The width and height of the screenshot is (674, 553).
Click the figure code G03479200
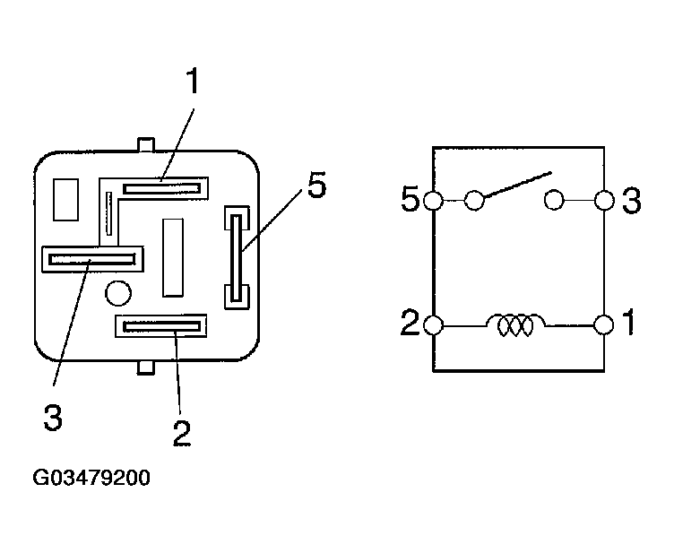[x=91, y=478]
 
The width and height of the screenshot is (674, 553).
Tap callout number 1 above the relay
[x=193, y=81]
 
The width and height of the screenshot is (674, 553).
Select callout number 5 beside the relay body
[x=316, y=185]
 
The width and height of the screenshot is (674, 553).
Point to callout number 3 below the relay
[x=53, y=418]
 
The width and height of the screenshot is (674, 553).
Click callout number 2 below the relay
[x=181, y=433]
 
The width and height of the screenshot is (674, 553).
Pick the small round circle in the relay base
[x=118, y=293]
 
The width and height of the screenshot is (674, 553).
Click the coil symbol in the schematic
[x=515, y=324]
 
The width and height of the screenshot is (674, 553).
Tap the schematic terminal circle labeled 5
[x=433, y=200]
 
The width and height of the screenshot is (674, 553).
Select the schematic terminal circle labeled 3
[x=604, y=200]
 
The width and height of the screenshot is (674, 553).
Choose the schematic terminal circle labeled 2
[x=433, y=325]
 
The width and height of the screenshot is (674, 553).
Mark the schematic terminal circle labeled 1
[x=604, y=324]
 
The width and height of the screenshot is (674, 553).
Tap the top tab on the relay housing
[x=146, y=144]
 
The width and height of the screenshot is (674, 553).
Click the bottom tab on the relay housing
[x=146, y=367]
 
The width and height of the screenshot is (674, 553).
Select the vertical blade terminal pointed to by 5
[x=237, y=257]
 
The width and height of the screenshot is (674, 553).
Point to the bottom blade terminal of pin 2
[x=161, y=326]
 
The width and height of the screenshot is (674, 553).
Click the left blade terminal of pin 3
[x=92, y=259]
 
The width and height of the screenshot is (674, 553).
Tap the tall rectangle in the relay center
[x=173, y=257]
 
